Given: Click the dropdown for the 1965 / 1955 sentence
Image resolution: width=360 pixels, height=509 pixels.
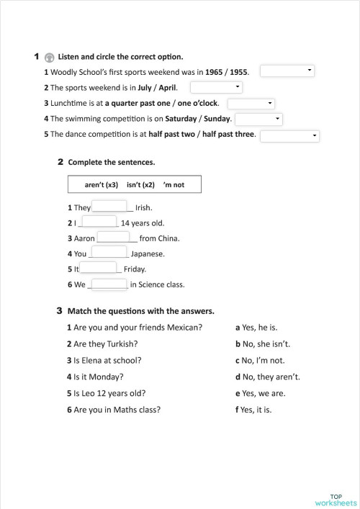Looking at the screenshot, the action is pyautogui.click(x=287, y=71).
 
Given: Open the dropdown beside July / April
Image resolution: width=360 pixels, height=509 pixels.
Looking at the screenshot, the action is pyautogui.click(x=217, y=87).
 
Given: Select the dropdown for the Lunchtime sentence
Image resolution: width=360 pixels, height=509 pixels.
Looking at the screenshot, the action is pyautogui.click(x=251, y=103).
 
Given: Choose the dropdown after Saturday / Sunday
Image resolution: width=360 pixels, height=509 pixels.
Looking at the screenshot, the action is pyautogui.click(x=258, y=119).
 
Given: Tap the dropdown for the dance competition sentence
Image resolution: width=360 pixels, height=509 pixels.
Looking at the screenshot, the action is pyautogui.click(x=290, y=135).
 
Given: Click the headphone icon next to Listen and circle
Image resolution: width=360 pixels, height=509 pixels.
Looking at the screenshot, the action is pyautogui.click(x=49, y=57).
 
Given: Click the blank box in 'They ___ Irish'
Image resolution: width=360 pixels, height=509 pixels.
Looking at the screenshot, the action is pyautogui.click(x=109, y=207).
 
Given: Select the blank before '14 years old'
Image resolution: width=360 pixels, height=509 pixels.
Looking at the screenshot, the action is pyautogui.click(x=99, y=222).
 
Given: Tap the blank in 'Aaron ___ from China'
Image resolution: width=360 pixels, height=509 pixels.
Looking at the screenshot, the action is pyautogui.click(x=112, y=238).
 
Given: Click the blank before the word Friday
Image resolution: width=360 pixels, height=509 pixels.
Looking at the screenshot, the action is pyautogui.click(x=99, y=268).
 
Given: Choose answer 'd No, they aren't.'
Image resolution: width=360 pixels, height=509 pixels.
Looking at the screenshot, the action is pyautogui.click(x=268, y=377).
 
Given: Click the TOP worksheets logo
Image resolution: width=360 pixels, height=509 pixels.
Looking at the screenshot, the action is pyautogui.click(x=335, y=498).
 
